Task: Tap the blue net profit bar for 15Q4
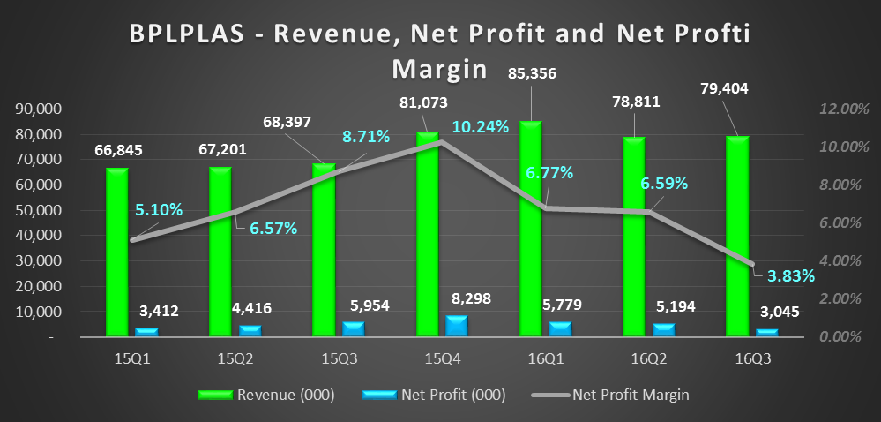pyautogui.click(x=457, y=326)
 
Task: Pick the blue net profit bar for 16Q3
pyautogui.click(x=767, y=332)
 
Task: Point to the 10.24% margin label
pyautogui.click(x=481, y=126)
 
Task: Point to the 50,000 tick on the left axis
pyautogui.click(x=42, y=211)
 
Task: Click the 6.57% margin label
pyautogui.click(x=273, y=229)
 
